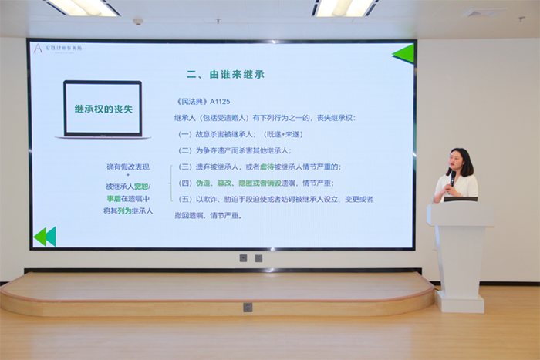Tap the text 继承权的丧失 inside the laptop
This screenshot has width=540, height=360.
click(103, 109)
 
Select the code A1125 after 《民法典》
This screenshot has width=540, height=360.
click(220, 102)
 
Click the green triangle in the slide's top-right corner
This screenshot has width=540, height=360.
click(403, 53)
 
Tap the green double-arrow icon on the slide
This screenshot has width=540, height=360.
click(45, 237)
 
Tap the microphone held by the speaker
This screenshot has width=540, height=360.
click(451, 177)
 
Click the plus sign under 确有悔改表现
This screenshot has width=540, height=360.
click(129, 177)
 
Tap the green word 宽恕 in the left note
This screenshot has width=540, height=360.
click(141, 187)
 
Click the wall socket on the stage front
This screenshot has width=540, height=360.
click(248, 307)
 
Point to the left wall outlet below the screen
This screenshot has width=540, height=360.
click(243, 258)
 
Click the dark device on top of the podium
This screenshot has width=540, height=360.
click(460, 199)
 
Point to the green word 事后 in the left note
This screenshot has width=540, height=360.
click(114, 199)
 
